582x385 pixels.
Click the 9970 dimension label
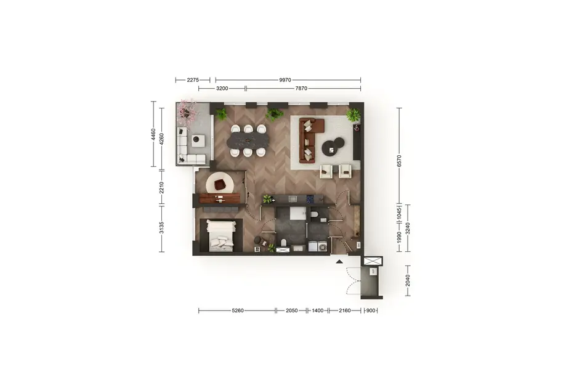point(285,80)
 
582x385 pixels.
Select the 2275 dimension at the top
point(193,80)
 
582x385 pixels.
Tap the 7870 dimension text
point(301,88)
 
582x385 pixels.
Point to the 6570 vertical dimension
point(399,161)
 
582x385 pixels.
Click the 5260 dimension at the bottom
point(238,310)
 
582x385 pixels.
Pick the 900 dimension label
point(371,310)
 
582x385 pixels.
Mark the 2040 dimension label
point(408,281)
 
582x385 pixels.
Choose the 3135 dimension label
point(161,227)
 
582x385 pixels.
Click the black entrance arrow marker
point(339,262)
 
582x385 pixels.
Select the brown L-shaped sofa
point(309,140)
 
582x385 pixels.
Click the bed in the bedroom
point(221,235)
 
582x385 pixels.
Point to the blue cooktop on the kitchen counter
point(310,200)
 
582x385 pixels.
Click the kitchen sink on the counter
point(293,199)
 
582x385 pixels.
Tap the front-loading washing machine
point(323,246)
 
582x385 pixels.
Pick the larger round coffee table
point(329,148)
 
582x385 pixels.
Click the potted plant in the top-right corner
point(354,115)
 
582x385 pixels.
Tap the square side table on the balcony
point(198,140)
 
